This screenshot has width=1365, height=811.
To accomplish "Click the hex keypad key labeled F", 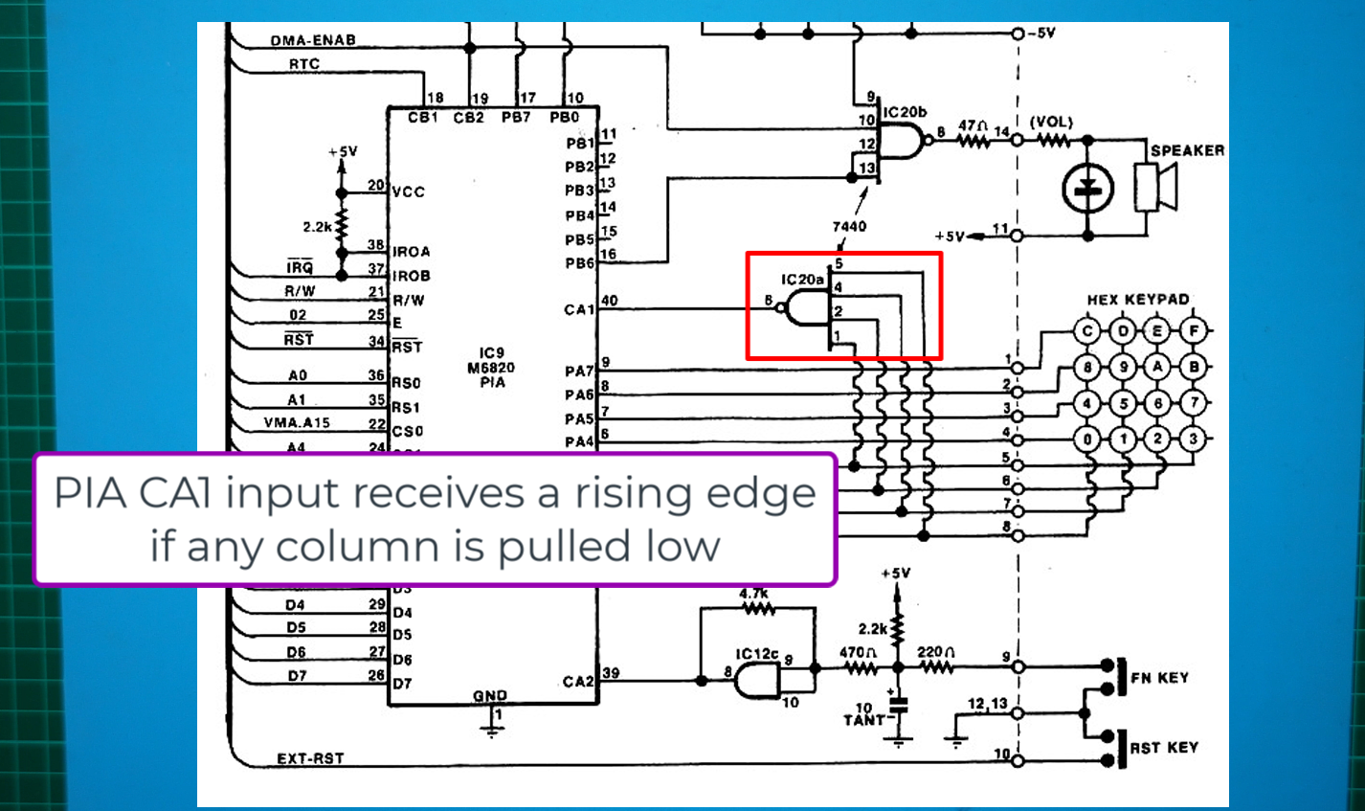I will click(x=1194, y=332).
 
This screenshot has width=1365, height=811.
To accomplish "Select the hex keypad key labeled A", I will click(x=1158, y=367).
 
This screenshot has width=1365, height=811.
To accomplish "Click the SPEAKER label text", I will click(x=1187, y=150).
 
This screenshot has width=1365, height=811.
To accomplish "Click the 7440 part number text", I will click(x=849, y=227).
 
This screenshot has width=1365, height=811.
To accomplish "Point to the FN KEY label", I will click(x=1159, y=678).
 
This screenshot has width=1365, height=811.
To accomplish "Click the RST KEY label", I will click(x=1163, y=748).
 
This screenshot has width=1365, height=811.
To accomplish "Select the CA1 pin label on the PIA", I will click(x=578, y=309).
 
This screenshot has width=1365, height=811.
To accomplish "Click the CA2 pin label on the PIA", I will click(x=578, y=682).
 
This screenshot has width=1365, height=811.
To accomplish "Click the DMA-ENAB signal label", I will click(x=312, y=41).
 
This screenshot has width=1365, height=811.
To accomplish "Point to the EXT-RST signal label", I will click(x=310, y=758).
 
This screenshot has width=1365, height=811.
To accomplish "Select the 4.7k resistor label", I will click(x=755, y=594).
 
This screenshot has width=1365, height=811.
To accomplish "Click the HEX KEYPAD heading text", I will click(x=1137, y=300).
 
